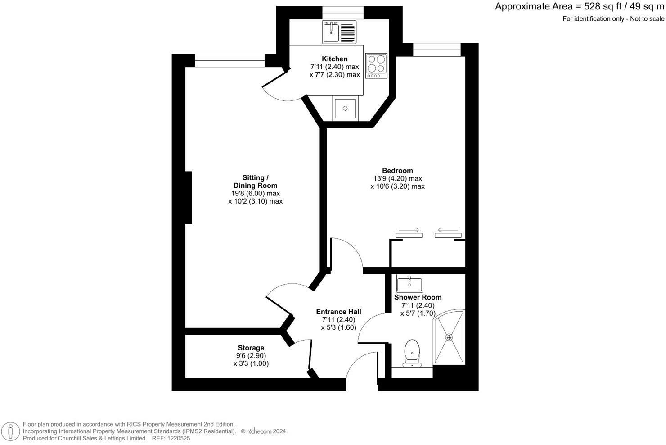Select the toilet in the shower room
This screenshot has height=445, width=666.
click(412, 353)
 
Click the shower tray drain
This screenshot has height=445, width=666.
click(449, 337)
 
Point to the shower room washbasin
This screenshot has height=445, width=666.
click(409, 284)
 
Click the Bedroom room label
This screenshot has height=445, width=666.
click(397, 171)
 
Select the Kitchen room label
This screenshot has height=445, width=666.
click(334, 59)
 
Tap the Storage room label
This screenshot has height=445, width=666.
click(251, 348)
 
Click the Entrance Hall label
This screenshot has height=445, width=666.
click(338, 312)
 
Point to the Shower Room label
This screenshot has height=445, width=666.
click(418, 297)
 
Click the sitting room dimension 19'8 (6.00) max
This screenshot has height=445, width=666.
click(255, 194)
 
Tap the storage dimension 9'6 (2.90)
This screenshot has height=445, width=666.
click(251, 356)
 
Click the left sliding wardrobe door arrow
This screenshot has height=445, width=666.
click(409, 230)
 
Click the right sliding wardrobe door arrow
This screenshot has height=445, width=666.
click(448, 230)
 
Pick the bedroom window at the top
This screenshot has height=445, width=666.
click(437, 49)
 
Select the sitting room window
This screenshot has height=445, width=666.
click(229, 60)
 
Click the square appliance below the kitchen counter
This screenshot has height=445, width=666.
click(345, 109)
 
